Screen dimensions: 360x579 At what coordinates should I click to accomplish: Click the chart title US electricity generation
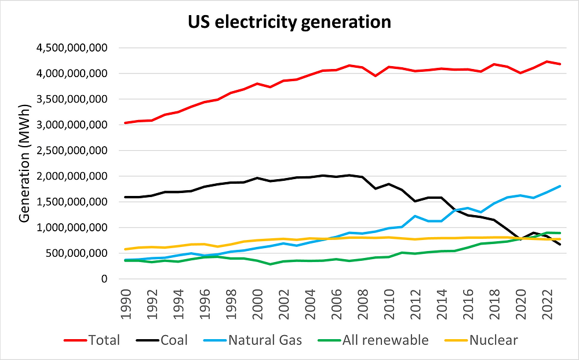[289, 23]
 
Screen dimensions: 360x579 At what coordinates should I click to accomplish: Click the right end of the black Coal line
[560, 245]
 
